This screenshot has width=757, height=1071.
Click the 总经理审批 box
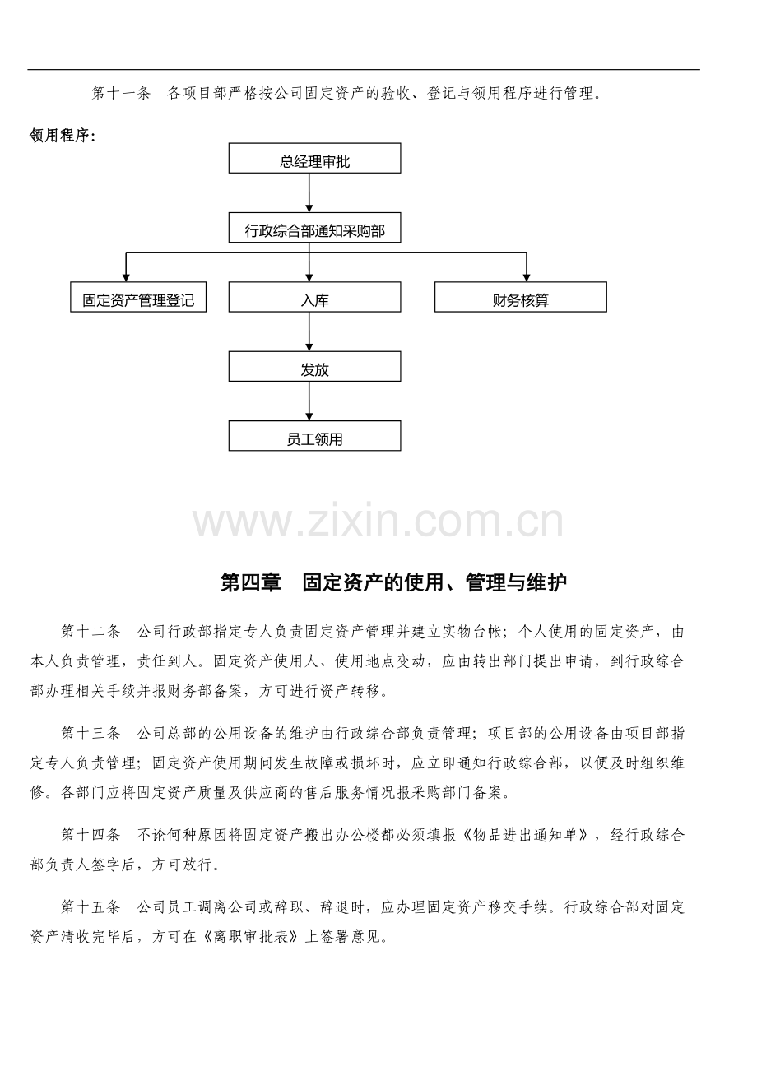[314, 158]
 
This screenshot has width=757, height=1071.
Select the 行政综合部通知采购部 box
[314, 228]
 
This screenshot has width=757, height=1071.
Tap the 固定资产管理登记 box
[138, 297]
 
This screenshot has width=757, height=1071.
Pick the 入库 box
[314, 297]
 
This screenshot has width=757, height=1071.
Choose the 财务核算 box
[521, 297]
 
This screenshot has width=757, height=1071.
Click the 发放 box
[314, 366]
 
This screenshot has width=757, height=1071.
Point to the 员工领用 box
[314, 436]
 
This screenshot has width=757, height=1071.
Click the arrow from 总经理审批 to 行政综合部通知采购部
[309, 192]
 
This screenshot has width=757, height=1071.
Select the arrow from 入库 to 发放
[309, 331]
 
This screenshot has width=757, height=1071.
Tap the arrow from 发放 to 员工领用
[309, 401]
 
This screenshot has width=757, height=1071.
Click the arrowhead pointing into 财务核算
[527, 278]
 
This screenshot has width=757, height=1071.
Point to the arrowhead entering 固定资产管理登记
[126, 278]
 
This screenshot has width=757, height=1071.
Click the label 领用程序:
[63, 136]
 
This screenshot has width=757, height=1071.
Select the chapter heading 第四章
[251, 582]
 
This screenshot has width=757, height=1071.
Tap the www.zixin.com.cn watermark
[378, 520]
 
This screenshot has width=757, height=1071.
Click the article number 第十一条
[122, 93]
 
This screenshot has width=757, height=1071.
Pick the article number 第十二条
[91, 632]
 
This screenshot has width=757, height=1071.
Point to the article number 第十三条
[91, 734]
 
